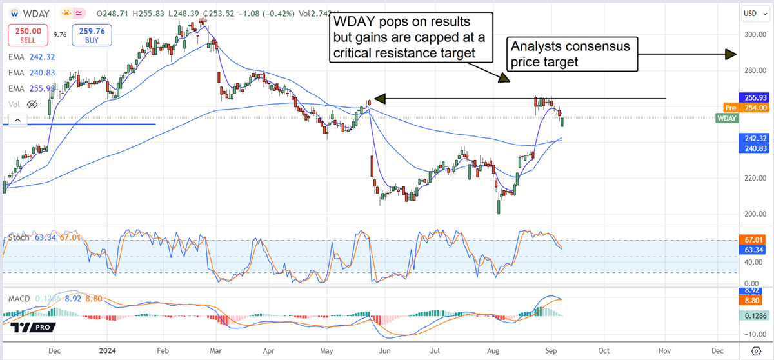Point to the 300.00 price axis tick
click(754, 35)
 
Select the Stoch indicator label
click(18, 238)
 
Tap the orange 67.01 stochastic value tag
click(753, 240)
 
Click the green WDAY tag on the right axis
click(727, 118)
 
